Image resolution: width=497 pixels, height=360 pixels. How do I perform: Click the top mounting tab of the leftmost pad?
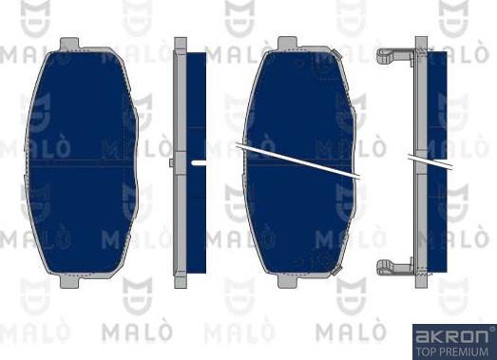[x=69, y=44]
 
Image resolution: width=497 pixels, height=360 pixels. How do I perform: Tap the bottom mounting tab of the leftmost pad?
[x=69, y=281]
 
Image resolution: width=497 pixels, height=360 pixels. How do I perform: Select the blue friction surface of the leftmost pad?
[x=82, y=162]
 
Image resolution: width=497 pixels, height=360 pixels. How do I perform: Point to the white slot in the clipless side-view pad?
[x=199, y=162]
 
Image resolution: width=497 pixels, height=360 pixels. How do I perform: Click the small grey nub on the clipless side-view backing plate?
[x=171, y=162]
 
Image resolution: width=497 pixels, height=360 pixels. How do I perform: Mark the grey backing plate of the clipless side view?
[x=181, y=162]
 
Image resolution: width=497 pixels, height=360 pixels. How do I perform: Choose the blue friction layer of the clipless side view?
[x=197, y=162]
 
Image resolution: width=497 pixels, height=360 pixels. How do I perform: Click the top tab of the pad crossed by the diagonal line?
[x=287, y=44]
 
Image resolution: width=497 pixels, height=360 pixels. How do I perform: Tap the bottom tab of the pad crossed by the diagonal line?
[x=287, y=281]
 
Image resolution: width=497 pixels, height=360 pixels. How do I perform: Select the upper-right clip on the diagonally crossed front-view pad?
[x=337, y=53]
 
